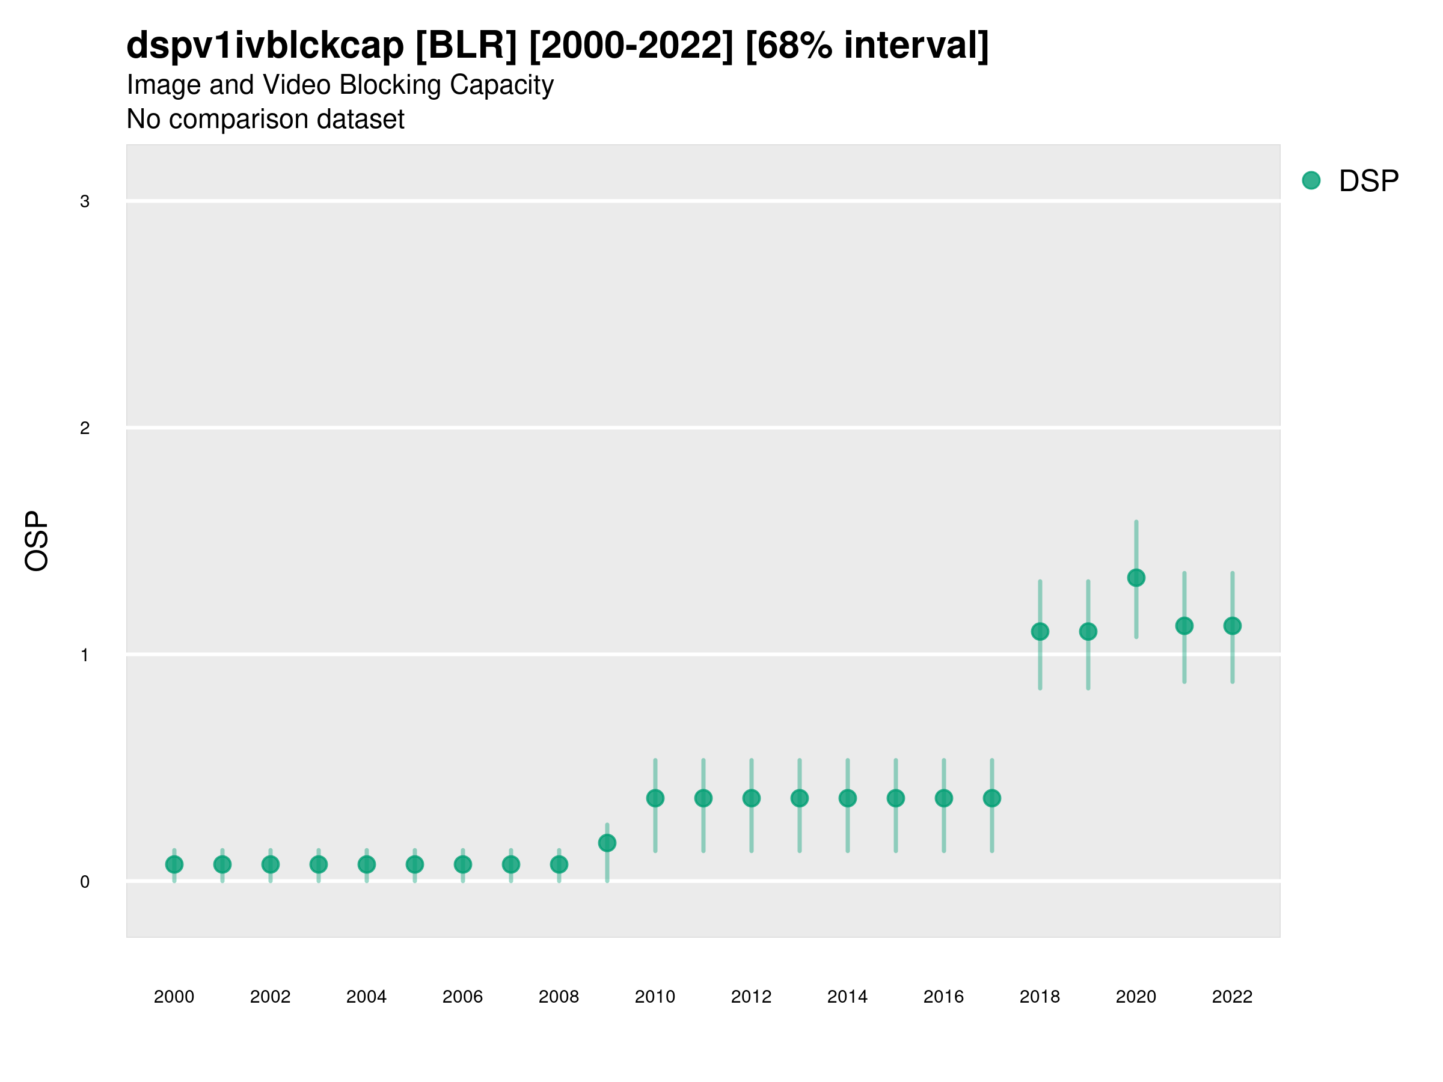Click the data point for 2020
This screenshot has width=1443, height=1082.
tap(1136, 578)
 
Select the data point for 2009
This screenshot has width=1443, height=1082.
tap(607, 843)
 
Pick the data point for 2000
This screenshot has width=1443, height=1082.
tap(174, 864)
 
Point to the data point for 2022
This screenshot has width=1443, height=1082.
tap(1233, 626)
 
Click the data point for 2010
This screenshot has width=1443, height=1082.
tap(655, 798)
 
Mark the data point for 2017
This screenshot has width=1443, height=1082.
tap(991, 798)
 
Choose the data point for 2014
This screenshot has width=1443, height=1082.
tap(847, 798)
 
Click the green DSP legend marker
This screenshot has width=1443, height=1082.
tap(1311, 181)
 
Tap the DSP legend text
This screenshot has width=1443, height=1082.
tap(1368, 182)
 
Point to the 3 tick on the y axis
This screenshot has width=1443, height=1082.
tap(85, 201)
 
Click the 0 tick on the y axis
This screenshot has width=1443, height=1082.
tap(85, 882)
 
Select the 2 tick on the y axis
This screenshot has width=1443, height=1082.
tap(85, 429)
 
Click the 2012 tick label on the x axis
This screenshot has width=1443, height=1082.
tap(751, 997)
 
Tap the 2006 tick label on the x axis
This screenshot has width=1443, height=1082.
tap(462, 997)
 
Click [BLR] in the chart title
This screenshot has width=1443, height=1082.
tap(466, 46)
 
